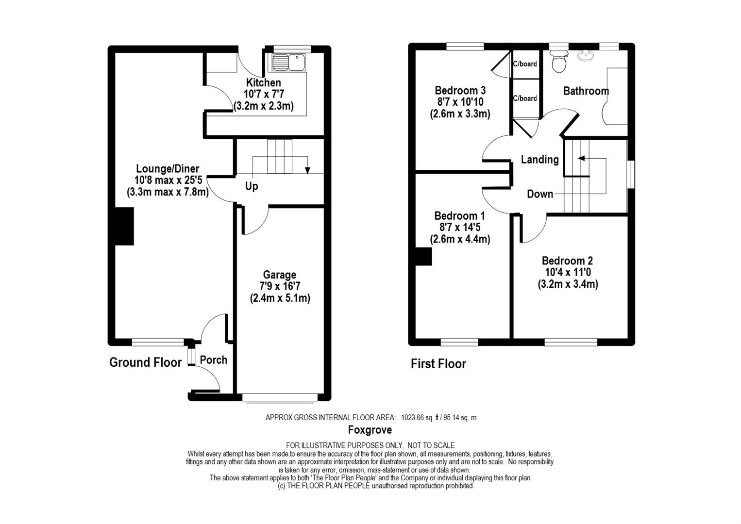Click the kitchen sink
pos(288,63)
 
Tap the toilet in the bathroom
pos(559,63)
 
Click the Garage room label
pos(280,275)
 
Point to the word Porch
pos(213,360)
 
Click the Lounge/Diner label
pos(168,169)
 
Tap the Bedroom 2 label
pos(567,261)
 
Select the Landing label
pos(540,160)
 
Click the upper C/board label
pos(525,64)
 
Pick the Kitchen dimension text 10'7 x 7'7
pos(264,94)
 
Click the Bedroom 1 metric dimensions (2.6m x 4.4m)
pos(460,239)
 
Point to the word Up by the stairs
pos(252,186)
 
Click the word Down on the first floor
pos(540,194)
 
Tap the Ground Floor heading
pos(146,362)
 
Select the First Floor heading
pos(438,364)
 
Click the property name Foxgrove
pos(370,430)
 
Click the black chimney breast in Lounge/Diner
pos(124,227)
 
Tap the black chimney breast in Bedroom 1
pos(423,257)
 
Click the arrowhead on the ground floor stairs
pos(308,171)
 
